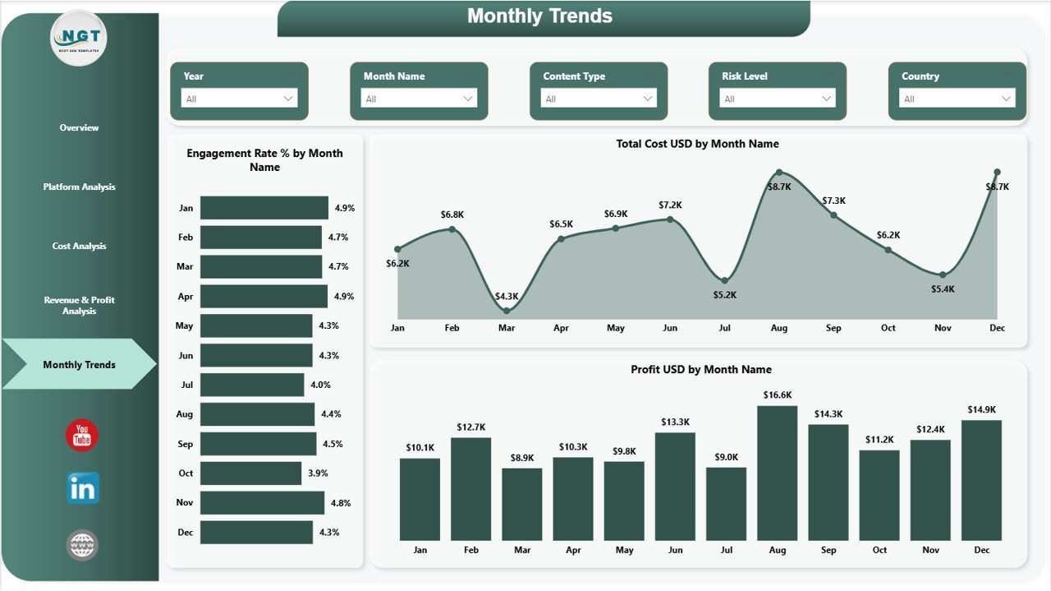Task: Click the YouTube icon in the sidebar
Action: click(x=82, y=436)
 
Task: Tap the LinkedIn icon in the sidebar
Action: click(x=83, y=488)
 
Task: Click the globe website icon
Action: click(x=82, y=545)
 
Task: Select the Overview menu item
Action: click(x=79, y=128)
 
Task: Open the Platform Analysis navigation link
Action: click(x=79, y=187)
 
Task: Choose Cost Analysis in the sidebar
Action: click(x=79, y=247)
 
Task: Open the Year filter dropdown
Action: click(x=239, y=99)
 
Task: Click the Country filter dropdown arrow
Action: click(x=1006, y=99)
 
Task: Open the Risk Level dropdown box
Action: click(x=777, y=99)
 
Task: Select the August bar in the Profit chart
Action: click(x=777, y=473)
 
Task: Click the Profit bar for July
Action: click(x=726, y=504)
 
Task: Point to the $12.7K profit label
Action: click(x=470, y=427)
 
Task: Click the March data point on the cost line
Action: click(x=507, y=311)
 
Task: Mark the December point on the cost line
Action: click(x=997, y=172)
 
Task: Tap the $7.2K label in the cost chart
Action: click(x=670, y=205)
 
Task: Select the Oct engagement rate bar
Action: click(x=250, y=473)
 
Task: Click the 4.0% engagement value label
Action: click(x=320, y=385)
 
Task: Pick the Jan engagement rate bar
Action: click(x=264, y=208)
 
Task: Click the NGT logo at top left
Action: click(x=79, y=38)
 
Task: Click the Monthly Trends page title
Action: click(x=539, y=16)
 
